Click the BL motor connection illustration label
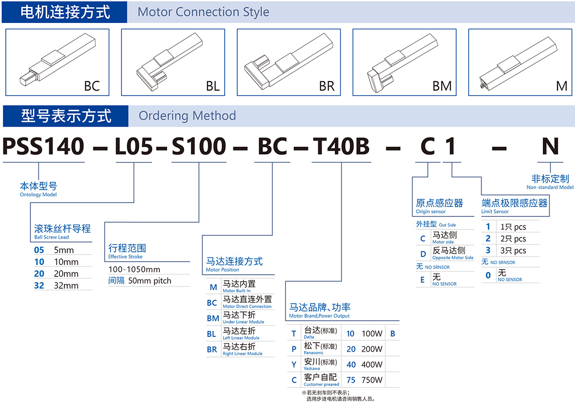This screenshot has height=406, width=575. click(x=212, y=86)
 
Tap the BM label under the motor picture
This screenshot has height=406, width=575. click(x=442, y=86)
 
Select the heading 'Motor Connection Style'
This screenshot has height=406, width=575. click(x=203, y=12)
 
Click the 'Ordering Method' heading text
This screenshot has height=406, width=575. click(x=187, y=116)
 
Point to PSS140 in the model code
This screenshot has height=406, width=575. click(x=43, y=146)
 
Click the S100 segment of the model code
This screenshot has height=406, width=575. click(x=199, y=146)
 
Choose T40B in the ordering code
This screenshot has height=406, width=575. click(x=341, y=146)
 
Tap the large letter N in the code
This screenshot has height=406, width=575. click(x=550, y=146)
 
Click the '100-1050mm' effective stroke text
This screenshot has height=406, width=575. click(x=134, y=270)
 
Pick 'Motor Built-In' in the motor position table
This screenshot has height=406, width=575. click(x=236, y=291)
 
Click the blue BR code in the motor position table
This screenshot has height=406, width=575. click(x=212, y=349)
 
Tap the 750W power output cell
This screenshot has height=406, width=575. click(x=372, y=380)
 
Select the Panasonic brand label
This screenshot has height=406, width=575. click(x=313, y=353)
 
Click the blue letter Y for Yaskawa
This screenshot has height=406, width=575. click(x=294, y=365)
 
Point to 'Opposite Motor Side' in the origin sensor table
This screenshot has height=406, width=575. click(x=453, y=258)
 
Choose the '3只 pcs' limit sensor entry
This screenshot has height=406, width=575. click(x=513, y=251)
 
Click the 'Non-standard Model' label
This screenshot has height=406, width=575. click(x=550, y=188)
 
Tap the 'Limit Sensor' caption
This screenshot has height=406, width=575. click(x=495, y=212)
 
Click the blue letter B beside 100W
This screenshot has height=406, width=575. click(x=393, y=334)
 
